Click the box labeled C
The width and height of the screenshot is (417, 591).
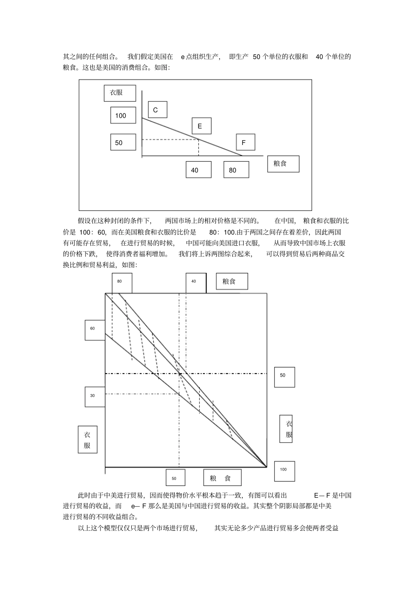click(x=157, y=109)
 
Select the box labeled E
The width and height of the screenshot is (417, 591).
click(x=201, y=126)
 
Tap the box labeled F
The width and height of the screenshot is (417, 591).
click(x=245, y=142)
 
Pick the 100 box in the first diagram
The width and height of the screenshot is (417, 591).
click(x=123, y=115)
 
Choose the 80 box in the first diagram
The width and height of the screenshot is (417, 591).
click(x=236, y=170)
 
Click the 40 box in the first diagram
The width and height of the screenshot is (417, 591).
click(x=198, y=170)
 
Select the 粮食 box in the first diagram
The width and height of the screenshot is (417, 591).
click(x=283, y=163)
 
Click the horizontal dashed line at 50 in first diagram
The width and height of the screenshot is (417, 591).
click(x=170, y=140)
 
